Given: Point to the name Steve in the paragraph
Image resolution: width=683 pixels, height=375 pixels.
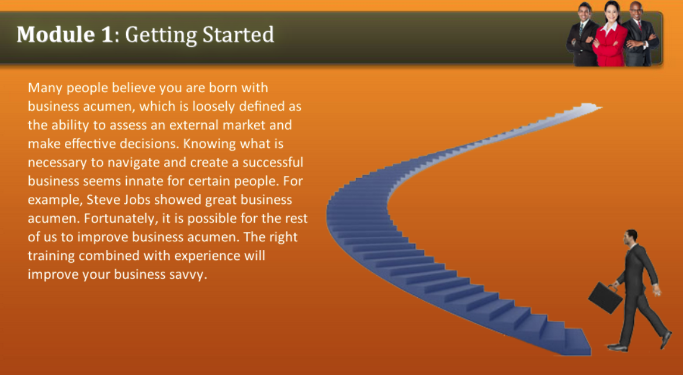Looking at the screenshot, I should pos(103,200).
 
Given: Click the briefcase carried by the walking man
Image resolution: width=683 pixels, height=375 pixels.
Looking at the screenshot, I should pos(605,297).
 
